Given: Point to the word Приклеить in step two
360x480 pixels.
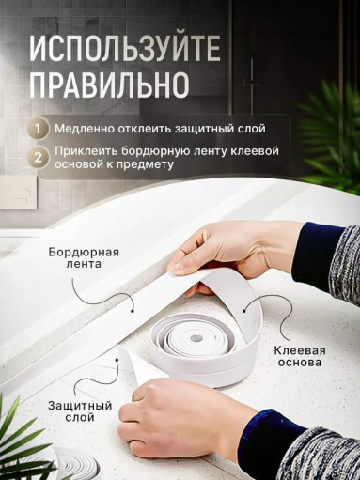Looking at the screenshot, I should click(x=86, y=150).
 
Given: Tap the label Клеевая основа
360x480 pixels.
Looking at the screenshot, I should click(x=300, y=356).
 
